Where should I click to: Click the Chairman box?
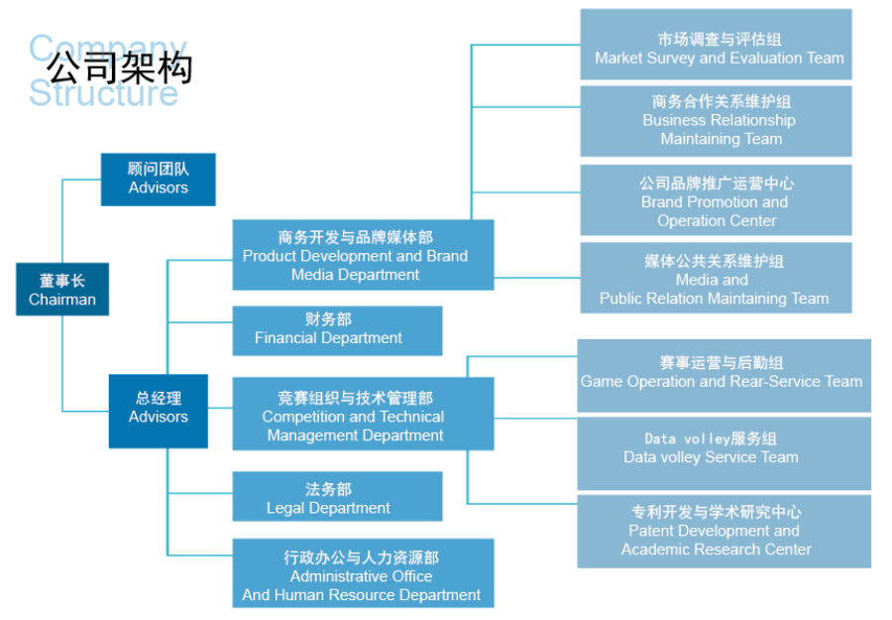click(x=62, y=290)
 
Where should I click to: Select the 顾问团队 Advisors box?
click(x=159, y=180)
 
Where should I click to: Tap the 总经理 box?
click(x=159, y=411)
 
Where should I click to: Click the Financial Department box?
click(x=337, y=330)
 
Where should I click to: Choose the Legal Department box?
click(x=337, y=496)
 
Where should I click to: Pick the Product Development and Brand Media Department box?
click(x=363, y=255)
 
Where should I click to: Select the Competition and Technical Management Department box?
click(x=363, y=414)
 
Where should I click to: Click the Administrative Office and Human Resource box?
click(x=363, y=573)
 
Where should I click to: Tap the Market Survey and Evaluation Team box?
click(x=717, y=45)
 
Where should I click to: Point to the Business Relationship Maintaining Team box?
click(x=717, y=121)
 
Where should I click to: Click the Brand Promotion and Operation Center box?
click(x=717, y=199)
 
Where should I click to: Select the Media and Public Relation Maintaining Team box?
click(x=717, y=278)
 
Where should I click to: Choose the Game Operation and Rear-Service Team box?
click(x=725, y=376)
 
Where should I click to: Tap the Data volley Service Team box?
click(x=725, y=453)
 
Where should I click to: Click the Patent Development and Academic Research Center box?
click(x=725, y=532)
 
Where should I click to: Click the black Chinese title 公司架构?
click(x=120, y=67)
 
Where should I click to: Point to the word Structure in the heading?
click(x=103, y=93)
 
